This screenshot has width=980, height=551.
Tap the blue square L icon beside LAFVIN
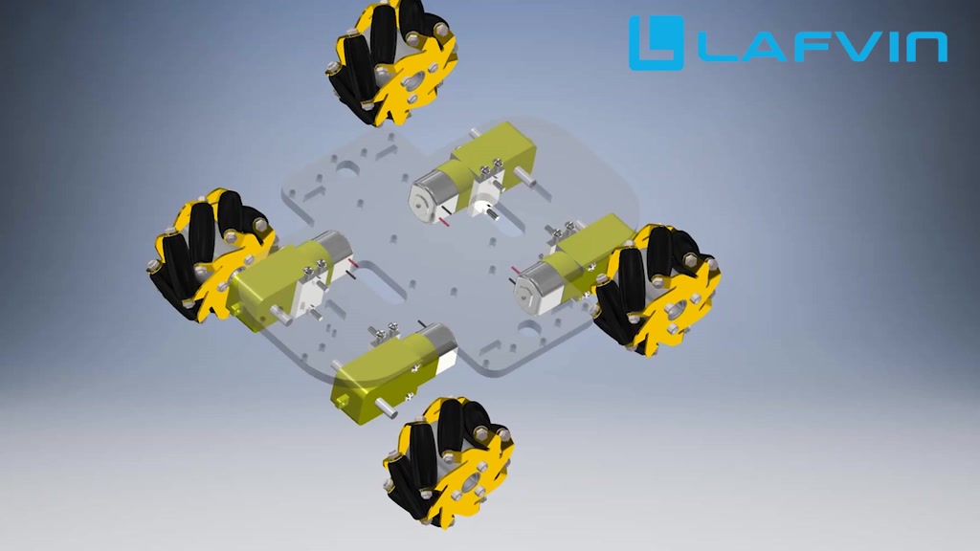[656, 43]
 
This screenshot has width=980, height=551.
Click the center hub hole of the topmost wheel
[413, 85]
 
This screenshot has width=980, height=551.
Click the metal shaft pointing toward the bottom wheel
[389, 408]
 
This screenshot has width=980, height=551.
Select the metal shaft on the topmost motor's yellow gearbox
[523, 175]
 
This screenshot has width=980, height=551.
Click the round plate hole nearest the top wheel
[345, 171]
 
